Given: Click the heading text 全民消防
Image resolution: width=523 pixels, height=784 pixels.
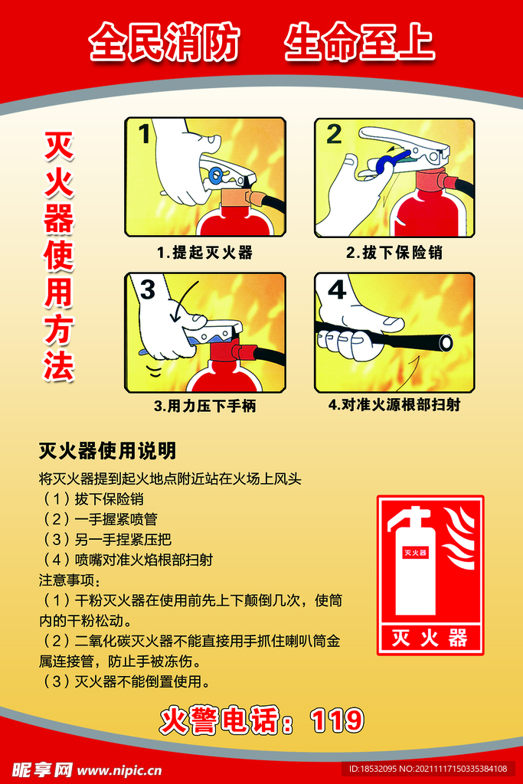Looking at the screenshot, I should click(x=164, y=43).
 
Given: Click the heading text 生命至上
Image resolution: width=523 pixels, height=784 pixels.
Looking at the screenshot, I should click(x=359, y=43).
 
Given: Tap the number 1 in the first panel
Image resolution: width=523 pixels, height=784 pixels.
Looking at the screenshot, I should click(x=144, y=135).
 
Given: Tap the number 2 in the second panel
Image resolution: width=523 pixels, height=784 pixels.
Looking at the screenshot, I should click(x=334, y=135).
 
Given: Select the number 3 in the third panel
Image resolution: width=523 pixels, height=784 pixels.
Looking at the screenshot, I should click(x=147, y=289).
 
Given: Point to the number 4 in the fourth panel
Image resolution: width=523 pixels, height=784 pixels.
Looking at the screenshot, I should click(x=337, y=290).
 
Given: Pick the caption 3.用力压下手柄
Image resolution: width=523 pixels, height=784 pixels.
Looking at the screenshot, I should click(x=204, y=407).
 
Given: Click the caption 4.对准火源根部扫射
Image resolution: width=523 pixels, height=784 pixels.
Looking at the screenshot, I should click(x=394, y=405).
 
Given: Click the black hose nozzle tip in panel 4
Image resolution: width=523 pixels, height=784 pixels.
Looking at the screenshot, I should click(x=444, y=343).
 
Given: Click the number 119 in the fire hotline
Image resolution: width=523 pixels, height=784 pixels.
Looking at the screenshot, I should click(x=337, y=720).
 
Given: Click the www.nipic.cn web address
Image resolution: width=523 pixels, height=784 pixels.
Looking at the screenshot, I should click(x=119, y=769).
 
